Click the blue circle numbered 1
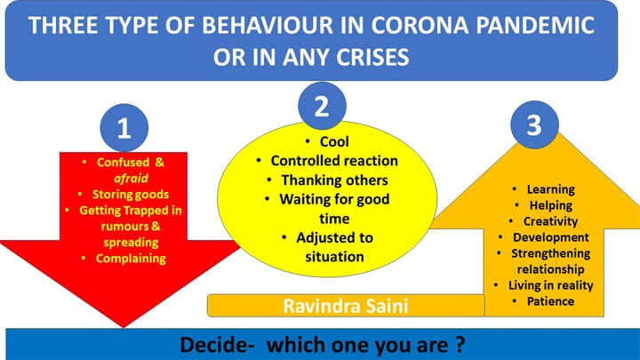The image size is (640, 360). pos(124,128)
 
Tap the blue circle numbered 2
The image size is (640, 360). pos(322,106)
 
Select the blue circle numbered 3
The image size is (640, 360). pos(534,125)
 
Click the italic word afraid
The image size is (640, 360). pos(131,179)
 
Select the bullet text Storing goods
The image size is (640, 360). pos(131,195)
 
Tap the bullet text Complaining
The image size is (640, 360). pos(131,259)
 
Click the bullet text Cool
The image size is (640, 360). pos(334,141)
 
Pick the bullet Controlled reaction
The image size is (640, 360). pos(334,161)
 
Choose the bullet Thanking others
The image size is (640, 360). pos(334,180)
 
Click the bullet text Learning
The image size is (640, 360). pos(550,189)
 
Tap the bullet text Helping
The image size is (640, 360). pos(550,205)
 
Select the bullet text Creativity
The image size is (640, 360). pos(550,221)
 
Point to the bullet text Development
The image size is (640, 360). pos(550,237)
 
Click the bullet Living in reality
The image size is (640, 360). pos(550,285)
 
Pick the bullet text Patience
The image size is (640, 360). pos(550,301)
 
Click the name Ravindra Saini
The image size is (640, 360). pos(346,306)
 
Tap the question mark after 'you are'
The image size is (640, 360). pos(460,344)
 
